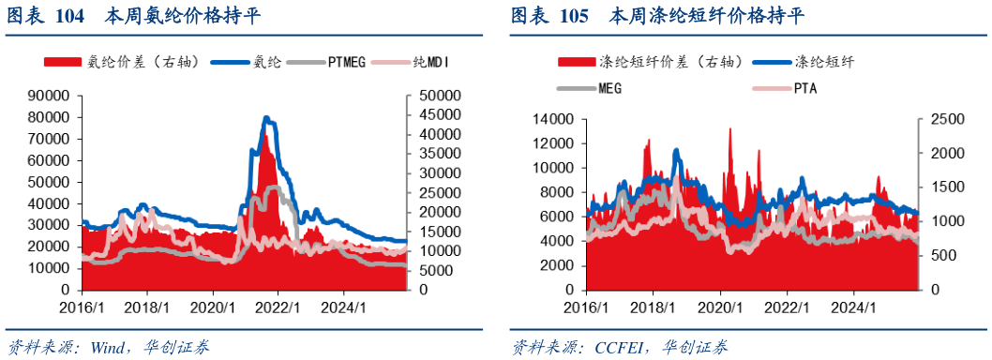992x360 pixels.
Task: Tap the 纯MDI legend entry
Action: [413, 63]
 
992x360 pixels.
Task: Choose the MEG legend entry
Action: [589, 88]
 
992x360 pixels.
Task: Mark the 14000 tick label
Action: [553, 119]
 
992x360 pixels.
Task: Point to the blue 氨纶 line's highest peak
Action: [266, 118]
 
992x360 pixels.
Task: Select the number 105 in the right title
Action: [573, 17]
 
